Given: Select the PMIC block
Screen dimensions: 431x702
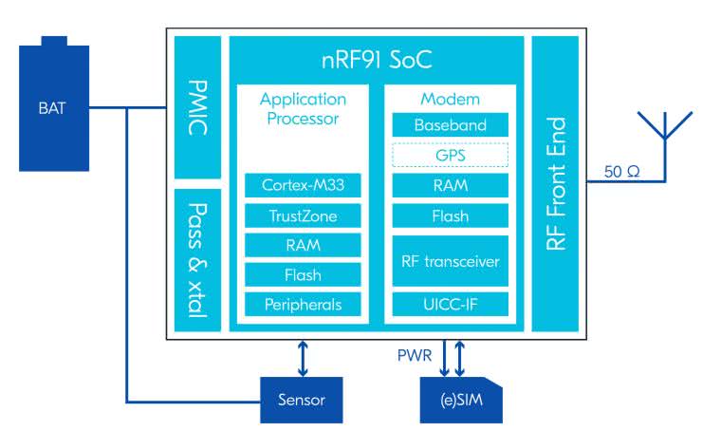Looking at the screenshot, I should tap(198, 107).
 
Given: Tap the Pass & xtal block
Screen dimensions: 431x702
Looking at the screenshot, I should tap(198, 259).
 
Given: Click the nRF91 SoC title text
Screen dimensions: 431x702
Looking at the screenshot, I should tap(378, 60).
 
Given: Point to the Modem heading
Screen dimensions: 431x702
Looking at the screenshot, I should tap(450, 99).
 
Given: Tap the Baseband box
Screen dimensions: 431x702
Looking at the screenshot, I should tap(450, 125).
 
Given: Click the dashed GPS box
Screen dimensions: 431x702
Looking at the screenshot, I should tap(450, 155).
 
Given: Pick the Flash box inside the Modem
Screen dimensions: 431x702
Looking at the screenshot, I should tap(450, 215).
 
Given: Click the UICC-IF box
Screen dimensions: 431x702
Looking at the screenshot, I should tap(450, 305).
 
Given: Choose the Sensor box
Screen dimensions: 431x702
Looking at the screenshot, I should tap(302, 400).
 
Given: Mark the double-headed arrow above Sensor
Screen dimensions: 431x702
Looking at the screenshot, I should tap(303, 357).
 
